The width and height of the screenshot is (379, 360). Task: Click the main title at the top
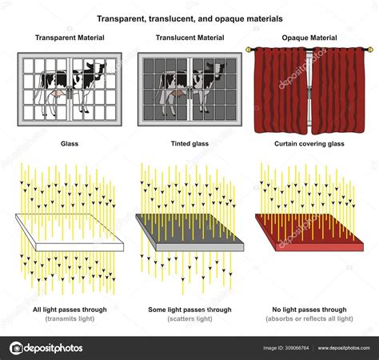click(x=189, y=17)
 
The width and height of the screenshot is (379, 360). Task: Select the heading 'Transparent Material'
click(x=67, y=38)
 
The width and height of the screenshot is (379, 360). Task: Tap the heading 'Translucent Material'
click(x=189, y=38)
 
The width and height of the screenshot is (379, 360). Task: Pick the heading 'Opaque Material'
click(x=308, y=38)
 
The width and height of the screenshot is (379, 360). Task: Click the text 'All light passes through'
click(x=68, y=310)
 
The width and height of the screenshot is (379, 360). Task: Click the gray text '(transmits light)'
click(x=68, y=319)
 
